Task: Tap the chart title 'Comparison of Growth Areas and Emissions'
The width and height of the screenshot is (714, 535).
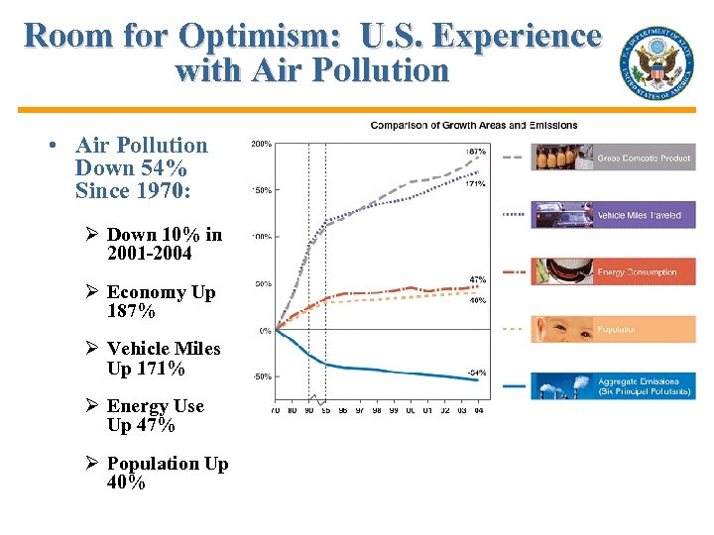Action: (473, 125)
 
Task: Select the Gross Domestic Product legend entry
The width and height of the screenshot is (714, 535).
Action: (613, 158)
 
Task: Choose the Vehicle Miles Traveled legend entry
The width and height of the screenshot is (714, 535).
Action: (613, 215)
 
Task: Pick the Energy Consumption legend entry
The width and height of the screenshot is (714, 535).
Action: (613, 271)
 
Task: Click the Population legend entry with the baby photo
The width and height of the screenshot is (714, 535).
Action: (613, 329)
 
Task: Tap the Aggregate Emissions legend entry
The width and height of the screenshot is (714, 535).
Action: (613, 385)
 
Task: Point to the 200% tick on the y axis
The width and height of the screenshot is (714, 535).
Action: (261, 145)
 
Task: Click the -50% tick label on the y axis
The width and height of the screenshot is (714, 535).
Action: (261, 376)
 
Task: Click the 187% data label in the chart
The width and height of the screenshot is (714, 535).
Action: (476, 151)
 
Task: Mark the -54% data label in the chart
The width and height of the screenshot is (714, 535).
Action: (476, 373)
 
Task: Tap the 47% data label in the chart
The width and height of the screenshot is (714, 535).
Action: (477, 279)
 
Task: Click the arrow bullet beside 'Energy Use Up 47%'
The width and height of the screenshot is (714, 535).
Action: (91, 406)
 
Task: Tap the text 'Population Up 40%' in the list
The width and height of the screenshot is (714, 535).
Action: (167, 474)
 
